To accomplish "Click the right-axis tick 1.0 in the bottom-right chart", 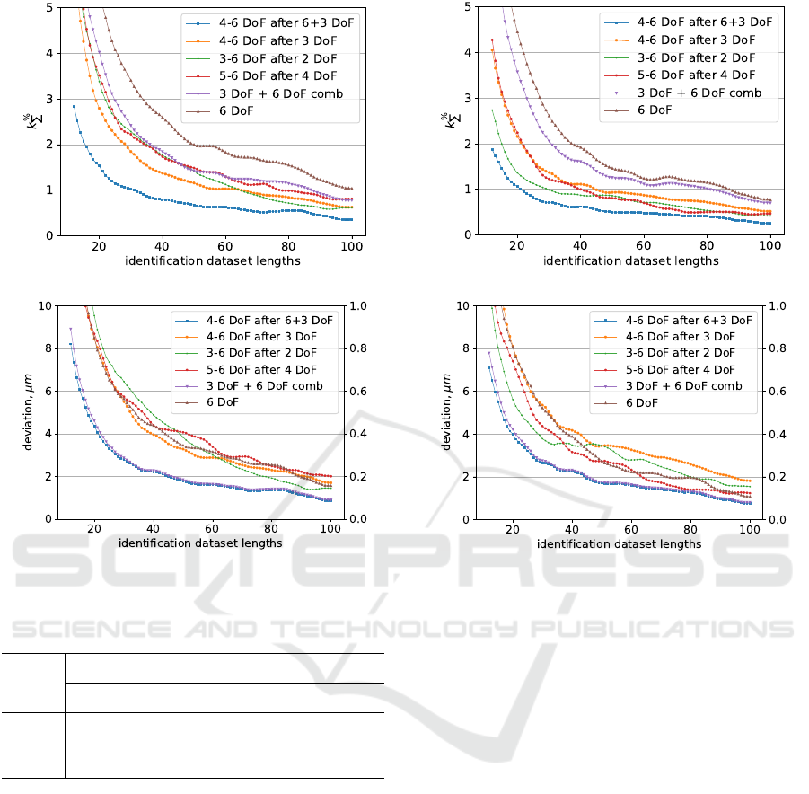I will pyautogui.click(x=778, y=305).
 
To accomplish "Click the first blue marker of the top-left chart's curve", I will pyautogui.click(x=74, y=106).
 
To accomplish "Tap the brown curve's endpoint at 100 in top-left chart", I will pyautogui.click(x=352, y=189).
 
